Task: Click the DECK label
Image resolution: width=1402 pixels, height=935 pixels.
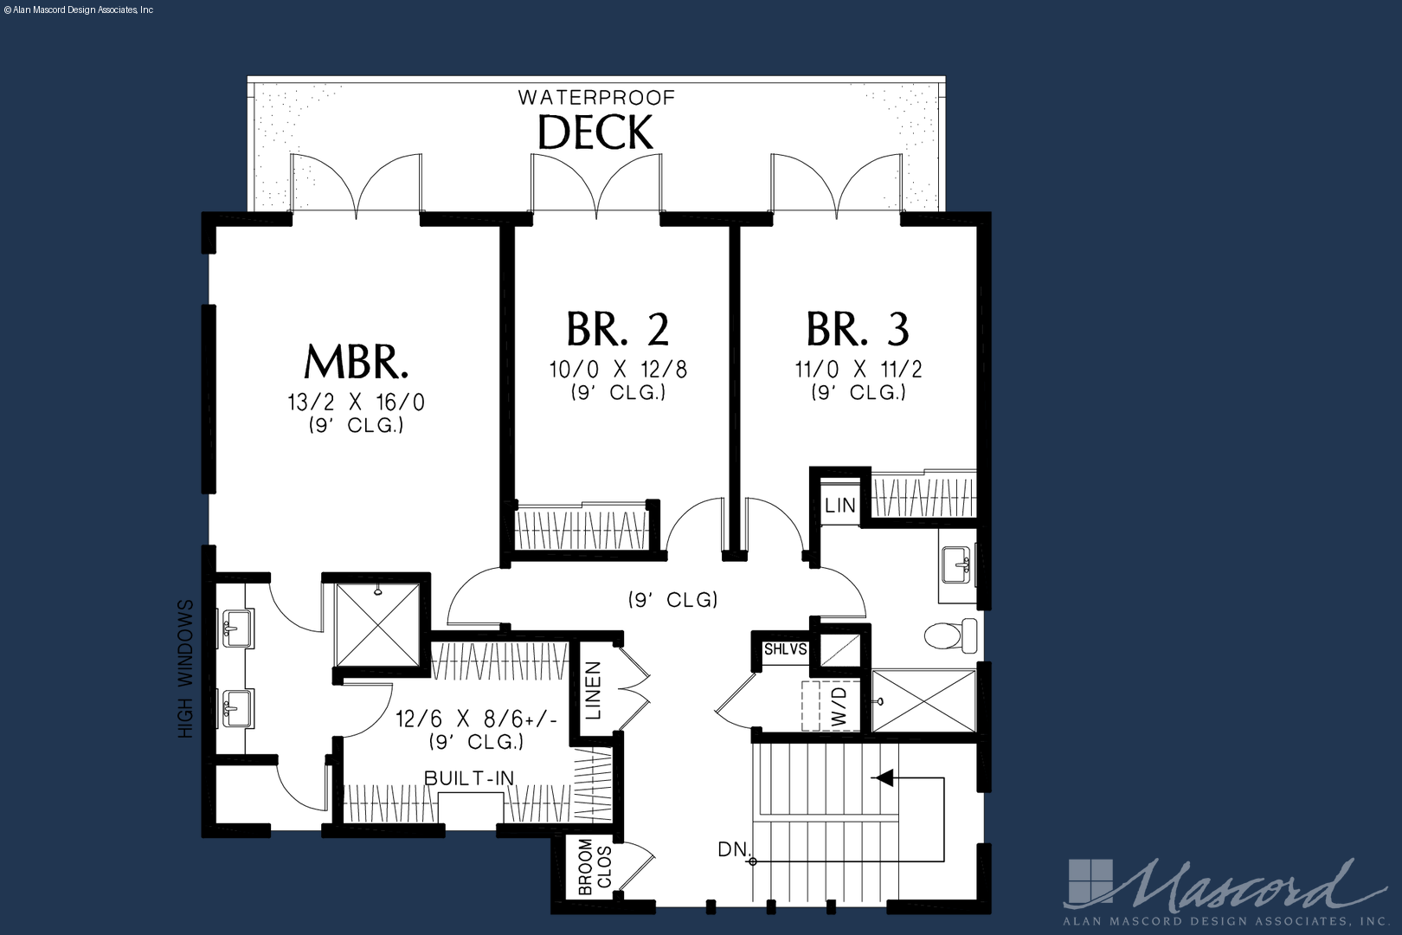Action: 595,132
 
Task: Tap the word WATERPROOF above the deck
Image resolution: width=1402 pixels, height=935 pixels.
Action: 596,98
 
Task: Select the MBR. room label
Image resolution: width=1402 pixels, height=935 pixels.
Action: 357,362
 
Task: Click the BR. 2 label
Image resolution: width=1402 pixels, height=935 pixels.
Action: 618,329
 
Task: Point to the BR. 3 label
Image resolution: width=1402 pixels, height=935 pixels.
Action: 858,329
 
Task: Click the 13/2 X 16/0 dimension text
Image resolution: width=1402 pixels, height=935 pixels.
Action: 357,402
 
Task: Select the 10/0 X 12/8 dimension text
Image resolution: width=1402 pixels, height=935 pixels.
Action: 619,370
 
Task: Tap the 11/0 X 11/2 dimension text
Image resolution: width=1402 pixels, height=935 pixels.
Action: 859,370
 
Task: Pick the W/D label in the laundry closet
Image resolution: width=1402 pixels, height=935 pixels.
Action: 839,707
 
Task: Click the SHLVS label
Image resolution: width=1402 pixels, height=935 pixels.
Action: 786,649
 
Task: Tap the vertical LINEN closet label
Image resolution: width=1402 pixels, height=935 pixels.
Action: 593,690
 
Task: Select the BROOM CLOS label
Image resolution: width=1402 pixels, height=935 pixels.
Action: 595,867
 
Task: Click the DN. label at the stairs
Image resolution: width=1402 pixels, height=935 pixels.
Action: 735,849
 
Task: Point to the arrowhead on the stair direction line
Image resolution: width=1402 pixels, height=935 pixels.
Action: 883,777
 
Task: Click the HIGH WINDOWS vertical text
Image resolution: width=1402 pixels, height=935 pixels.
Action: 186,669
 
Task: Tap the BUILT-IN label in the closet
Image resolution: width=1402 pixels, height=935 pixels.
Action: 469,777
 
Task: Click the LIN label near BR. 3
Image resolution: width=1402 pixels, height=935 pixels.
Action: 840,505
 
